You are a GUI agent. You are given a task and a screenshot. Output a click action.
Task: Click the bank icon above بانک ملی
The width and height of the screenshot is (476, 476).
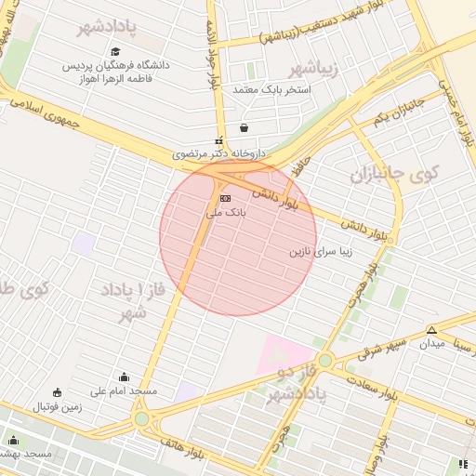click(224, 199)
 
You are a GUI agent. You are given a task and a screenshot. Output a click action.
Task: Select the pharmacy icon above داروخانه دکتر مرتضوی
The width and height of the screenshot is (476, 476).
click(218, 140)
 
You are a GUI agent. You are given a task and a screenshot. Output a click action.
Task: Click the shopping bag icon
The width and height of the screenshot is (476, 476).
click(244, 128)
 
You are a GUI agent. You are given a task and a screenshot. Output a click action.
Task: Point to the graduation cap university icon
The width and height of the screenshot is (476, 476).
click(115, 52)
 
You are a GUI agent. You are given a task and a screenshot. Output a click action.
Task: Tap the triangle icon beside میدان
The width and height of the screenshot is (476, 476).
click(431, 330)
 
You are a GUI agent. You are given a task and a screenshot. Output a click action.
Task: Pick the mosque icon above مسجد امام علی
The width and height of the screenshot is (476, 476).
click(125, 377)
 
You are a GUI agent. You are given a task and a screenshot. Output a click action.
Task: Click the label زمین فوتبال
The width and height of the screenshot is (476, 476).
click(58, 406)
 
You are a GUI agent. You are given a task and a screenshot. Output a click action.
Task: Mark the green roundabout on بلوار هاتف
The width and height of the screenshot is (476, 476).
click(141, 419)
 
